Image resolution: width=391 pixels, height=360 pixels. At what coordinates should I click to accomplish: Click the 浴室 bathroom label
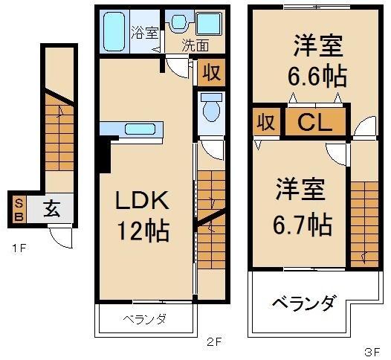tap(145, 32)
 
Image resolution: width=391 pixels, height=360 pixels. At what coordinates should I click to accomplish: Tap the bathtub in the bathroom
tap(115, 32)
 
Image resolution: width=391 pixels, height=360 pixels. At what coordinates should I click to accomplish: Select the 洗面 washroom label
tap(196, 44)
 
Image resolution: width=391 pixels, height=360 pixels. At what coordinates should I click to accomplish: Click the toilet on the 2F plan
tap(210, 109)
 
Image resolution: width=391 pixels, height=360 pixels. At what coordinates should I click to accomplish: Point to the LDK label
tap(142, 200)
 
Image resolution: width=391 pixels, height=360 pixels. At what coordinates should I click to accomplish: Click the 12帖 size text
tap(142, 230)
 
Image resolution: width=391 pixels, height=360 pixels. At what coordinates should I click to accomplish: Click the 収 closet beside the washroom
tap(211, 74)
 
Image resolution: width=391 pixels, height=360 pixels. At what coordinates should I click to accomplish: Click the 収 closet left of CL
tap(263, 123)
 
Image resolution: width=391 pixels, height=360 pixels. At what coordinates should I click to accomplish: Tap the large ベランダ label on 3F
tap(303, 303)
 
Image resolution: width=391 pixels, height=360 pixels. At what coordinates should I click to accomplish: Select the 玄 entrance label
tap(51, 209)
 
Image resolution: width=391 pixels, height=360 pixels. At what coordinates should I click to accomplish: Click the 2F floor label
tap(214, 343)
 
